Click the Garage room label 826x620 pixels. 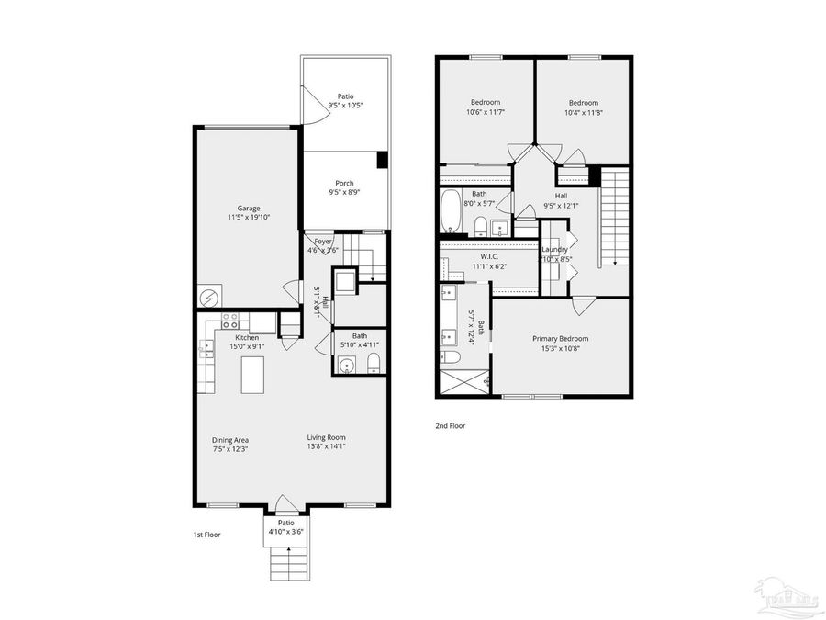pyautogui.click(x=246, y=209)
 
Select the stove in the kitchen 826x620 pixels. pyautogui.click(x=230, y=321)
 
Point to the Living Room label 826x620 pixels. pyautogui.click(x=326, y=437)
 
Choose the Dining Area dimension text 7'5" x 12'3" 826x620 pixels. pyautogui.click(x=230, y=448)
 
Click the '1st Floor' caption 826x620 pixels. pyautogui.click(x=206, y=535)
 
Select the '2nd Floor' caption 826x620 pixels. pyautogui.click(x=451, y=426)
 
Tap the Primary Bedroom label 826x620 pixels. pyautogui.click(x=561, y=338)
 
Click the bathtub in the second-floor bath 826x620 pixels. pyautogui.click(x=452, y=212)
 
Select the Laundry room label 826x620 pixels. pyautogui.click(x=555, y=249)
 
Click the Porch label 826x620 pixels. pyautogui.click(x=344, y=183)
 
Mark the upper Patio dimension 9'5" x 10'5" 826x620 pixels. pyautogui.click(x=345, y=106)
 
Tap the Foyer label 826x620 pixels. pyautogui.click(x=324, y=241)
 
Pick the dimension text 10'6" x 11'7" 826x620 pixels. pyautogui.click(x=486, y=113)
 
